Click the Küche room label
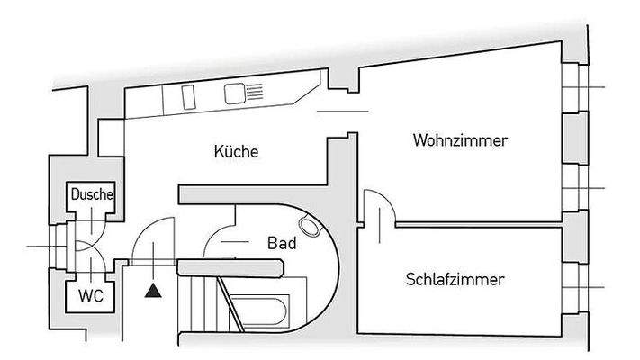point(238,151)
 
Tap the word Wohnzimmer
point(460,141)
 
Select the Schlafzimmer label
point(454,279)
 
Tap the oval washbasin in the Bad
point(311,229)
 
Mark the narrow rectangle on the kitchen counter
point(190,94)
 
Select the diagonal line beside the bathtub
point(228,306)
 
